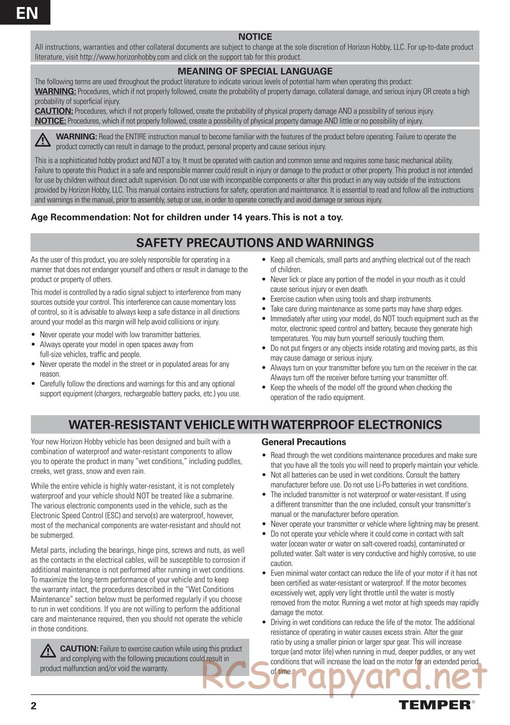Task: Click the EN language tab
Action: [25, 12]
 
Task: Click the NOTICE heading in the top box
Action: [255, 37]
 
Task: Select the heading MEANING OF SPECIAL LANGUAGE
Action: [255, 71]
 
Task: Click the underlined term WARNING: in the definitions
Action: [55, 91]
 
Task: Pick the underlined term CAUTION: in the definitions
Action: [54, 111]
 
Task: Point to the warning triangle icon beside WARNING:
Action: [43, 139]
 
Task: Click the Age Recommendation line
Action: [187, 217]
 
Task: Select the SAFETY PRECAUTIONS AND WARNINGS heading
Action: [255, 243]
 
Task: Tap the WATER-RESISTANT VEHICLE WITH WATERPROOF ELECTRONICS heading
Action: [255, 425]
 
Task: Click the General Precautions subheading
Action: [303, 442]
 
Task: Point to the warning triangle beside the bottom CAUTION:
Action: [48, 650]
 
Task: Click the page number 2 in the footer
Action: [34, 706]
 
